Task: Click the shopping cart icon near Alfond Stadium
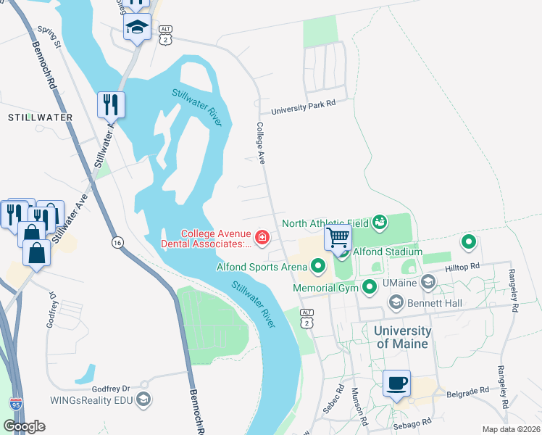[x=338, y=237]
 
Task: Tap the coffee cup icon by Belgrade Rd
[x=396, y=383]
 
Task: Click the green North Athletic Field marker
[x=379, y=223]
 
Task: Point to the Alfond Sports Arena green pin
[x=317, y=267]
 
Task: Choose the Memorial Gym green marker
[x=370, y=288]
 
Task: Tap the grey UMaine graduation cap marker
[x=428, y=281]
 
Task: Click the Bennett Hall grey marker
[x=396, y=301]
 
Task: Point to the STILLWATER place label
[x=40, y=117]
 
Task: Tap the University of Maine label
[x=402, y=337]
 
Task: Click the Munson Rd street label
[x=359, y=405]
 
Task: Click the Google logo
[x=24, y=426]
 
